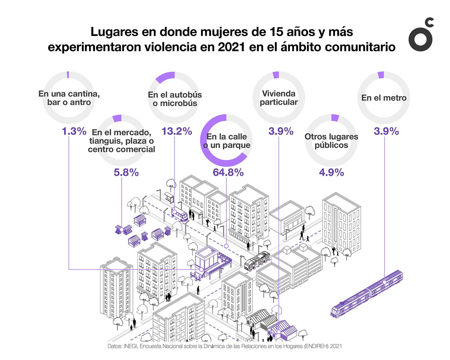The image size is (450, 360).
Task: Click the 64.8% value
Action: pos(228,172)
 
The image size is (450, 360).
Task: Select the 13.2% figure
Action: pos(176,131)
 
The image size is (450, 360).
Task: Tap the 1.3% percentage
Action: pos(74,131)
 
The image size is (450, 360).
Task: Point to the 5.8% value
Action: pos(126,173)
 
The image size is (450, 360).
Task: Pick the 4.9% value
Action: pos(331,173)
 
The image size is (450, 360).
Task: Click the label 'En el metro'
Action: pos(384,98)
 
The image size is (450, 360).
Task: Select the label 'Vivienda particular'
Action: pos(279,98)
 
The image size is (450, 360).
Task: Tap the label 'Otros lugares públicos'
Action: pos(331,141)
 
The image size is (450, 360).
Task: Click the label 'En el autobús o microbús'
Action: pos(175,99)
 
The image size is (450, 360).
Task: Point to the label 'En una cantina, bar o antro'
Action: pos(69,98)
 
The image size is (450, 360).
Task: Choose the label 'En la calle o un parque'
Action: pos(227,141)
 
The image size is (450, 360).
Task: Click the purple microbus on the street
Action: pos(179,214)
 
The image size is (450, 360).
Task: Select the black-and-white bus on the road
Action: pos(257,261)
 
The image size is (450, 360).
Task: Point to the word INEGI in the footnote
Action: pos(130,346)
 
